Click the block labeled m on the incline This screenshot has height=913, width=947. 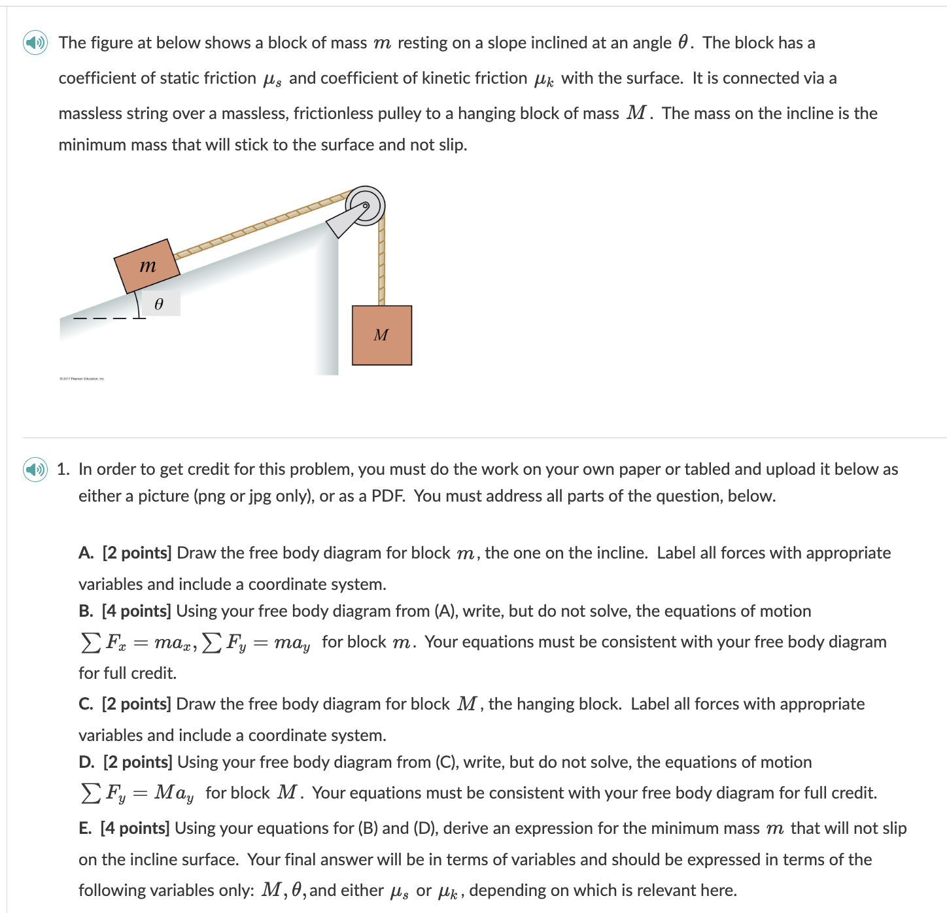pos(147,266)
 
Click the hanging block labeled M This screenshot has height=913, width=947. pos(381,335)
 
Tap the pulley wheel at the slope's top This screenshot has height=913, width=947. pos(366,205)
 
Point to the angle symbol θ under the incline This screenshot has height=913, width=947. pos(158,304)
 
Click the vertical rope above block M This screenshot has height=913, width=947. pos(381,262)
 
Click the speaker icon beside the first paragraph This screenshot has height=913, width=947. pos(35,43)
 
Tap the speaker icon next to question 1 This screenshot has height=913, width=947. pos(35,470)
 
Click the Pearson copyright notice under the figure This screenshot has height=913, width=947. pos(82,379)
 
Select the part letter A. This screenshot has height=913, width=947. pos(86,553)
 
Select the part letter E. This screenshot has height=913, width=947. pos(85,829)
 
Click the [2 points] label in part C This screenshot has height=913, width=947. pos(136,704)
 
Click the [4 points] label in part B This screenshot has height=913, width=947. pos(136,612)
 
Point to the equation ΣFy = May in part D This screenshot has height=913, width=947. pos(137,793)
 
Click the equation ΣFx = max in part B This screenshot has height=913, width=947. pos(138,643)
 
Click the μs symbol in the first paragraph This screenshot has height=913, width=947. pos(271,80)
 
